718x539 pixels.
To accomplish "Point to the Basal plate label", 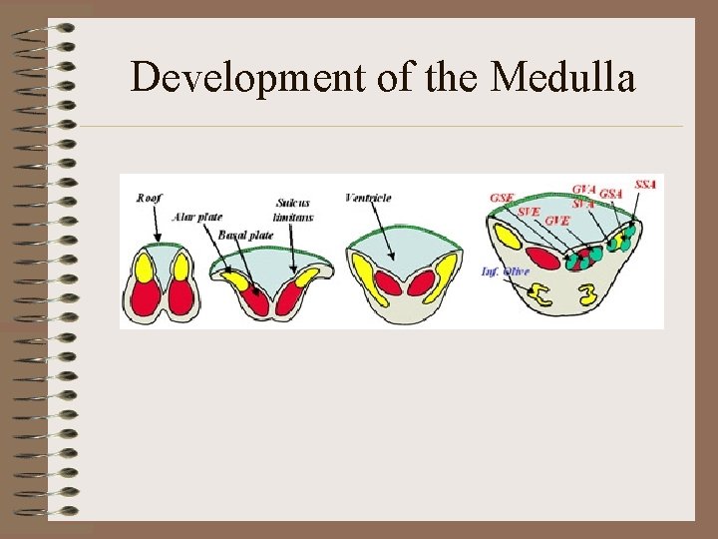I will pos(246,235).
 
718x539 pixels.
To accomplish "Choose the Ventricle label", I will pos(368,199).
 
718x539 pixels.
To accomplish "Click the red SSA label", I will pos(645,185).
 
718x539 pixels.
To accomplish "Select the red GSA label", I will pos(611,193).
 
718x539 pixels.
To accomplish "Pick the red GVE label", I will pos(557,220).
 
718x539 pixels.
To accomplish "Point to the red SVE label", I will pos(530,211).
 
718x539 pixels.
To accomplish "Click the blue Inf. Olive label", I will pos(502,271).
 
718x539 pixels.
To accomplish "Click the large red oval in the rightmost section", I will pos(545,258).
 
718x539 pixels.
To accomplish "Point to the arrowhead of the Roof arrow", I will pos(157,239).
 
